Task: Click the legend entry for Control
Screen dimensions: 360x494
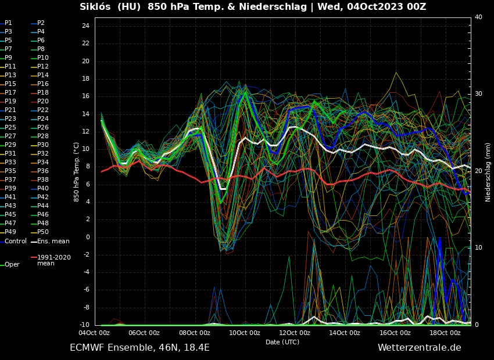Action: (16, 241)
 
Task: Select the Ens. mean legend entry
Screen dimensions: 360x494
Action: (53, 241)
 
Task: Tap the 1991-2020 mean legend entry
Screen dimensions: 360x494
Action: (53, 260)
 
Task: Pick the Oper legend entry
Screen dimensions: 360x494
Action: (12, 265)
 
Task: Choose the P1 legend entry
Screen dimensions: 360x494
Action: (8, 23)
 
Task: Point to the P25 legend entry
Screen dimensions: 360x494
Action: (10, 128)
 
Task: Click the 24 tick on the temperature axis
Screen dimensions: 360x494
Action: (85, 26)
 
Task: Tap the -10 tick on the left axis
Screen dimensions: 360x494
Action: (84, 325)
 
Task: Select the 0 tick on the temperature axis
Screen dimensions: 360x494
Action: (87, 237)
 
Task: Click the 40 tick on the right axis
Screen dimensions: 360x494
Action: (478, 17)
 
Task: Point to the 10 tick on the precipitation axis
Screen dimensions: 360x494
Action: (478, 248)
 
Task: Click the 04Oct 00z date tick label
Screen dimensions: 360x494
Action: (94, 333)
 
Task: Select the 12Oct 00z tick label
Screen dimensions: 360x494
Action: (295, 333)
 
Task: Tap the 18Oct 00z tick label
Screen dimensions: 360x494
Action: (445, 333)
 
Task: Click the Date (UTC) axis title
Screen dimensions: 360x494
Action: (282, 343)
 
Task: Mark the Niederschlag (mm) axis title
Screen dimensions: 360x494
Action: (488, 172)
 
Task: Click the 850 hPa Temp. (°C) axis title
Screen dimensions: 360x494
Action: (77, 172)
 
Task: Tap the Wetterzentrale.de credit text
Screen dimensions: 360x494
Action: (419, 348)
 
